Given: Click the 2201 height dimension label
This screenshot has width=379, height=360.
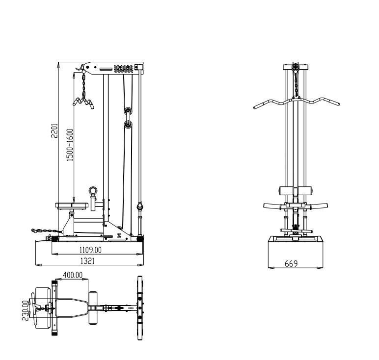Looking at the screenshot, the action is pyautogui.click(x=54, y=130).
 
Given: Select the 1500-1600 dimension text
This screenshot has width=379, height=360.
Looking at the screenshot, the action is pyautogui.click(x=70, y=145).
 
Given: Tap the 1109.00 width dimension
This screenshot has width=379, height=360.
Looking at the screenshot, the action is pyautogui.click(x=90, y=250).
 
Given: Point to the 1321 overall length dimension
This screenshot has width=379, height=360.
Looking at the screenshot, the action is pyautogui.click(x=87, y=261).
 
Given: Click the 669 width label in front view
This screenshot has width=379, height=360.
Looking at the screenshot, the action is pyautogui.click(x=291, y=264).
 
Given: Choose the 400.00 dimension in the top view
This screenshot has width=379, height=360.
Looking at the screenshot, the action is pyautogui.click(x=73, y=275).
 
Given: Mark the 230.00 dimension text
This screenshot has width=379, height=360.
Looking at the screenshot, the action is pyautogui.click(x=25, y=310).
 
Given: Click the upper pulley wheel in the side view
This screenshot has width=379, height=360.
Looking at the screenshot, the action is pyautogui.click(x=128, y=111).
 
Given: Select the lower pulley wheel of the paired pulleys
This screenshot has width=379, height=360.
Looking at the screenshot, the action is pyautogui.click(x=128, y=125).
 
